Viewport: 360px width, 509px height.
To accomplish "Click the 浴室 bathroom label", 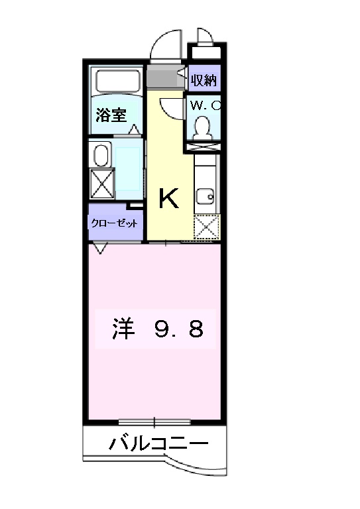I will pyautogui.click(x=111, y=115).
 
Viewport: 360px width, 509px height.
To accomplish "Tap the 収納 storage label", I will pyautogui.click(x=204, y=81).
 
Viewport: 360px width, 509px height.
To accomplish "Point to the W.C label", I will pyautogui.click(x=205, y=105).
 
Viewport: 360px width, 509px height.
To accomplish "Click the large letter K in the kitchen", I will pyautogui.click(x=168, y=198).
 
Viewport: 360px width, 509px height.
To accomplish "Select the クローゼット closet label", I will pyautogui.click(x=115, y=223).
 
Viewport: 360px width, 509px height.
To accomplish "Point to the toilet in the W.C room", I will pyautogui.click(x=204, y=124).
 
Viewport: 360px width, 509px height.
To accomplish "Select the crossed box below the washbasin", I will pyautogui.click(x=102, y=183).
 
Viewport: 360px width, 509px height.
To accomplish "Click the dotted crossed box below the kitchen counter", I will pyautogui.click(x=206, y=227).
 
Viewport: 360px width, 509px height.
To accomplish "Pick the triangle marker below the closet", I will pyautogui.click(x=100, y=248).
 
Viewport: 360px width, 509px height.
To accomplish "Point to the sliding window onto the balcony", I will pyautogui.click(x=154, y=422).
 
